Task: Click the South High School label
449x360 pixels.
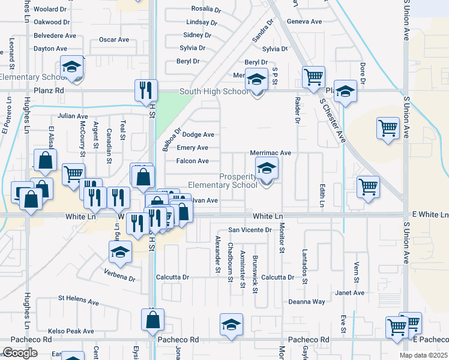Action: (214, 91)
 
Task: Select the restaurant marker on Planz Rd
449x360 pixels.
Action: (146, 90)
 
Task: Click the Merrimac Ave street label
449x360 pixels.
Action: (270, 153)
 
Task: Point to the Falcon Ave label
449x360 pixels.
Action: (192, 161)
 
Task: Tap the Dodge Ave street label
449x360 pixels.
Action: (198, 135)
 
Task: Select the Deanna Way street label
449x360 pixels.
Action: (306, 302)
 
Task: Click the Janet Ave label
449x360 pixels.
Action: (350, 293)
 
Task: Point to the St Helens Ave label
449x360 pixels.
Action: (78, 298)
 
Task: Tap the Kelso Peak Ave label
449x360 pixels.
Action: (71, 331)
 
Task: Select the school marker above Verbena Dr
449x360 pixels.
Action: (120, 253)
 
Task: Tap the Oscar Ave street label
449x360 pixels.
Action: (114, 40)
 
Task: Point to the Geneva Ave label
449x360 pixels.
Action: (304, 21)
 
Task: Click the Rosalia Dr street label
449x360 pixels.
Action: (206, 8)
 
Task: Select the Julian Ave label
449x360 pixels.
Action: (73, 116)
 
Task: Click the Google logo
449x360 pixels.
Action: (20, 352)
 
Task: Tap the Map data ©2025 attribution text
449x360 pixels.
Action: (424, 355)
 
